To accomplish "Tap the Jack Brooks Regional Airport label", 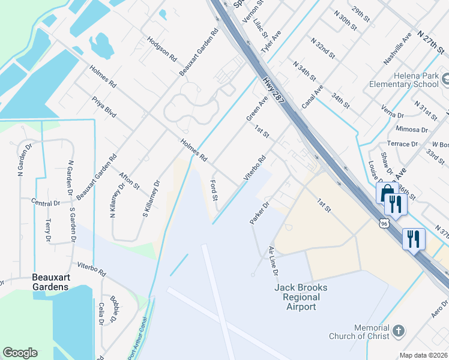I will [300, 297].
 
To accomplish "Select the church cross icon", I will [398, 331].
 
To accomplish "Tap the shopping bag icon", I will [387, 194].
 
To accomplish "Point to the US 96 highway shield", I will [384, 223].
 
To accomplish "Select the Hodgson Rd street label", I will [163, 49].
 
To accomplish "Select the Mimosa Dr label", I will [411, 129].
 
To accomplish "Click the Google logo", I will [20, 353].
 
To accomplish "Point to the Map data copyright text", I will [424, 355].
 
